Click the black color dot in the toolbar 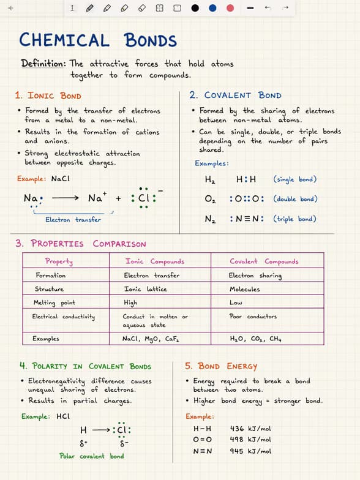195,8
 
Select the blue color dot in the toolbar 212,8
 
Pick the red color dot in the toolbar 230,8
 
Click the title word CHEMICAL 64,41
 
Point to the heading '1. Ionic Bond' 48,96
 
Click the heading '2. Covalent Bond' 235,96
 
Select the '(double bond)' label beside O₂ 295,199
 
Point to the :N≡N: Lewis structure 246,219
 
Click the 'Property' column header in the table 59,261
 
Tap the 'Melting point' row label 54,303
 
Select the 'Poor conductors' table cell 252,317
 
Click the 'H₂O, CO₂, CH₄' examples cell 255,339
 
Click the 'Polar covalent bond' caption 91,456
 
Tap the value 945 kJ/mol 250,451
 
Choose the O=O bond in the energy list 202,440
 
